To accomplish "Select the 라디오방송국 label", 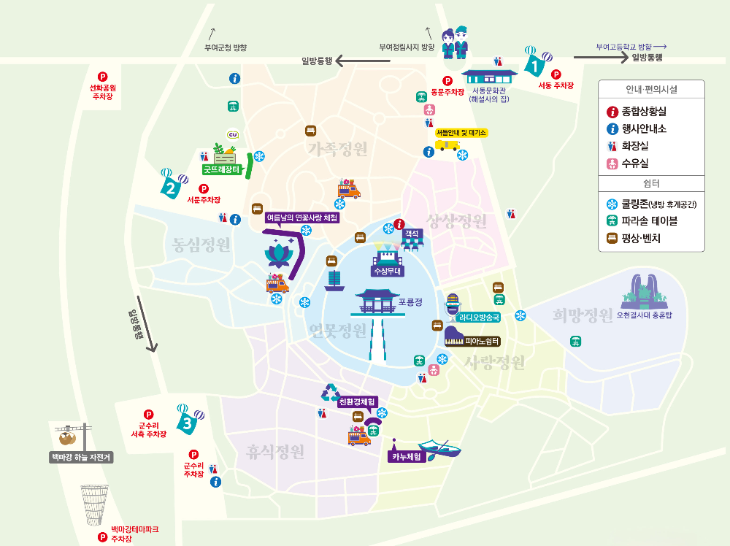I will click(479, 318).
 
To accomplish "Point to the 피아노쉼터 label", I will click(481, 341).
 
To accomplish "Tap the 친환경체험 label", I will click(357, 401).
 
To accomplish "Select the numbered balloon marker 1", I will click(535, 66).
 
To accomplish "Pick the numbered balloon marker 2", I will click(171, 188).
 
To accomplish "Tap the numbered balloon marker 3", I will click(188, 421).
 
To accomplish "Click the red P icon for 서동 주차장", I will click(556, 74).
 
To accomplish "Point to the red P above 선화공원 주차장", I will click(102, 76).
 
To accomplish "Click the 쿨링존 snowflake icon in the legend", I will click(612, 204).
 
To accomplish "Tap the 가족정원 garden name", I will click(337, 149).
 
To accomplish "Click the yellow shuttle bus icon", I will click(446, 145).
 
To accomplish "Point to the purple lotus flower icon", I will click(277, 254).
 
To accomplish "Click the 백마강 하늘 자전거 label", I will click(81, 458).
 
